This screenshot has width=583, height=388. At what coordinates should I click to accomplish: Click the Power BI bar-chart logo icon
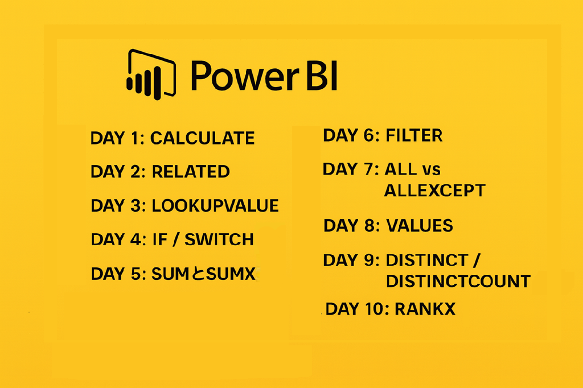tap(151, 75)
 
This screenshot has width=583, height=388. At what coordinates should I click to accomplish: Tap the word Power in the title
tap(245, 76)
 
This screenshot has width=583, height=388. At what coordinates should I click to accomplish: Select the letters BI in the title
tap(322, 76)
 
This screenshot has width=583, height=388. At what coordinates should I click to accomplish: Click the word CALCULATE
tap(203, 138)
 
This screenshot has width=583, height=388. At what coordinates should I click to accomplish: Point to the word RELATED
tap(191, 172)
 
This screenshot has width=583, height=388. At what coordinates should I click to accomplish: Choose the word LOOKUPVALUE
tap(215, 205)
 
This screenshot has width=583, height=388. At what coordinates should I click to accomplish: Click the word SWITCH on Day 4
tap(219, 240)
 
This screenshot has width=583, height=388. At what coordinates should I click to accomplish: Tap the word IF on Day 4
tap(160, 240)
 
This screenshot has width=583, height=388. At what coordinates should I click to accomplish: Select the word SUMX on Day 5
tap(231, 274)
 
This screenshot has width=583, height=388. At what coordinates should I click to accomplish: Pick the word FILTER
tap(414, 135)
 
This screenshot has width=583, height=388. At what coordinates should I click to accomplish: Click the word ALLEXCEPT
tap(434, 190)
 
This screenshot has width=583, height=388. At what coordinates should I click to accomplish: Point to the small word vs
tap(432, 170)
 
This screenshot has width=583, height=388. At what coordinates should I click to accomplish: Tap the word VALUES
tap(420, 226)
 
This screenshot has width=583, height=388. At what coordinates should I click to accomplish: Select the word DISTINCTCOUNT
tap(458, 282)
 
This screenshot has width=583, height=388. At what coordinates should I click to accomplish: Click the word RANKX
tap(425, 309)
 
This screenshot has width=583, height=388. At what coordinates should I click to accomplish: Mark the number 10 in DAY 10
tap(376, 309)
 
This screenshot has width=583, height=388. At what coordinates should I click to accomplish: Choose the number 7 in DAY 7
tap(369, 169)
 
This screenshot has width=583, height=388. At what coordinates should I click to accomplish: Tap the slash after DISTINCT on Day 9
tap(477, 260)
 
